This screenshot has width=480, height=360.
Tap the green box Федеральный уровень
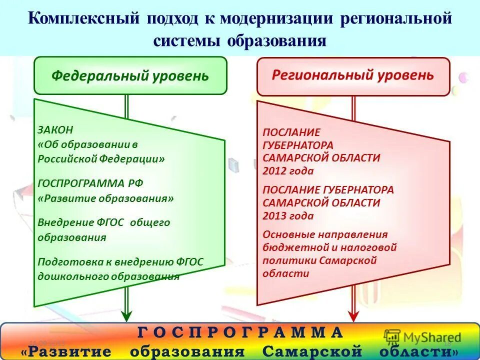[x=130, y=76]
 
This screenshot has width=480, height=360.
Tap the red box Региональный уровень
[x=353, y=75]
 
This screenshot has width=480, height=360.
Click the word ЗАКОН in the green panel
[x=55, y=129]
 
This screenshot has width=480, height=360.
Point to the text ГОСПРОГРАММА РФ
[x=90, y=183]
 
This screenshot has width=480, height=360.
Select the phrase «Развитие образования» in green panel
[x=106, y=198]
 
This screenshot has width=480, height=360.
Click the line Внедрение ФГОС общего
[x=104, y=222]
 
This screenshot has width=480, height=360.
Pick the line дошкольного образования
[x=108, y=276]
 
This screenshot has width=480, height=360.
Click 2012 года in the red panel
[x=288, y=171]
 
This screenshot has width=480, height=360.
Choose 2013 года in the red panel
[x=288, y=216]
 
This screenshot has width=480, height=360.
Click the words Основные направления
[x=325, y=234]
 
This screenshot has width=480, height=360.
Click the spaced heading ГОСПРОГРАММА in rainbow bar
[x=240, y=332]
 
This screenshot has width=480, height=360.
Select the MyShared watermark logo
[x=422, y=337]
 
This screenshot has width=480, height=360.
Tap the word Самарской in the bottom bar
[x=311, y=351]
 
